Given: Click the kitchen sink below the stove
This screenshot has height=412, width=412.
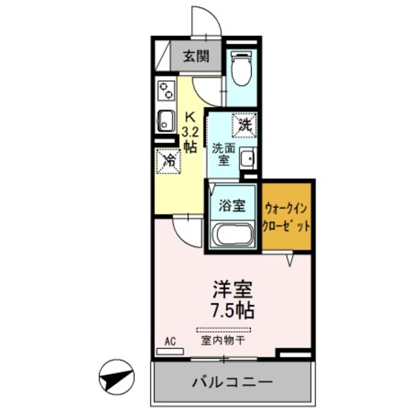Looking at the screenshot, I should (x=165, y=120).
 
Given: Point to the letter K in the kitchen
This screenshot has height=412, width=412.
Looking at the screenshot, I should (x=190, y=117).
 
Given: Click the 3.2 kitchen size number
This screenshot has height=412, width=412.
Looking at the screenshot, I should (x=190, y=133).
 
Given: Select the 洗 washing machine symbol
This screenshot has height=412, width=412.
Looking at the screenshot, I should (x=245, y=124).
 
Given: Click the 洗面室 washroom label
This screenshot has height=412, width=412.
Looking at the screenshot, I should (x=222, y=153).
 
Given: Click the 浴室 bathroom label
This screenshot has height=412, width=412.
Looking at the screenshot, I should (x=232, y=206).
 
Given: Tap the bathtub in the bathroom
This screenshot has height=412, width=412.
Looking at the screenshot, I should (x=232, y=234).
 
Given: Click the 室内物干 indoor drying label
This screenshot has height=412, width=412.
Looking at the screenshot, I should (x=223, y=339).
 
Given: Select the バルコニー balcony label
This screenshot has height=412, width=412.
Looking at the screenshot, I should (x=232, y=382).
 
